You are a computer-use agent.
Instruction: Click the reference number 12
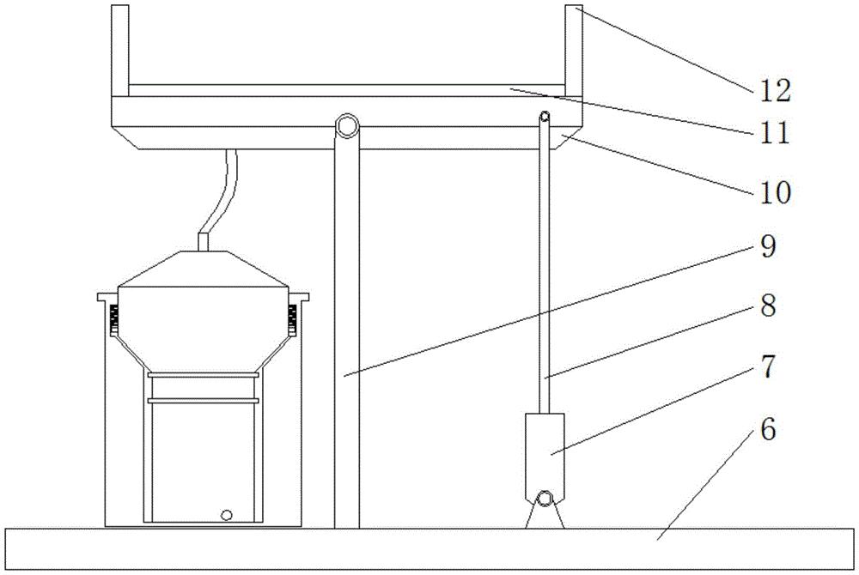click(775, 91)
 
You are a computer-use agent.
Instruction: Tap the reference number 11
click(775, 132)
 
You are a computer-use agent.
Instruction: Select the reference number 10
click(775, 192)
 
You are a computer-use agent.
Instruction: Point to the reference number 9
click(768, 246)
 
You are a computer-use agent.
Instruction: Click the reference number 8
click(768, 306)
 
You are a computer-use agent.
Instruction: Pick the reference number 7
click(768, 366)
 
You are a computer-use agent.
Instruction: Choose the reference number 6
click(768, 429)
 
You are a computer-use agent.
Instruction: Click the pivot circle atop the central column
click(347, 125)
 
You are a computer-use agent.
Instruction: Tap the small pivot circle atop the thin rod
click(545, 116)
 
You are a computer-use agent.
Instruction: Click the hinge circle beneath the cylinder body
click(545, 499)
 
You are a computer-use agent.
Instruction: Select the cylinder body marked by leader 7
click(545, 455)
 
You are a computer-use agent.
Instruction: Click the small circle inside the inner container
click(226, 515)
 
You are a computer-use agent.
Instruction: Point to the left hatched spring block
click(114, 319)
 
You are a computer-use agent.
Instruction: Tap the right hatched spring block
click(293, 319)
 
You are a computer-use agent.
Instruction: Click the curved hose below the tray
click(222, 191)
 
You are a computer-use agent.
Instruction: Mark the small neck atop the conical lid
click(204, 243)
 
